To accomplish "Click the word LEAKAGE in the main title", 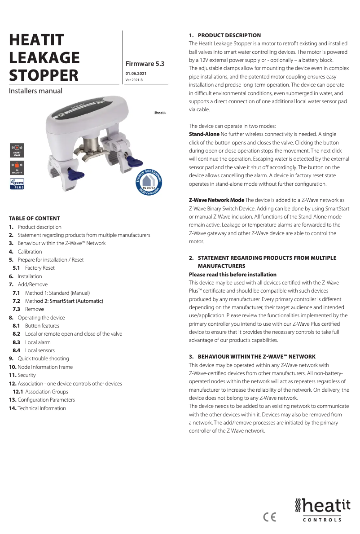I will click(x=44, y=58).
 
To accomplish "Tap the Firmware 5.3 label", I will click(x=145, y=64).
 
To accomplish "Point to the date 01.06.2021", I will click(x=136, y=74).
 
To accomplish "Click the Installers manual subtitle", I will click(x=35, y=91).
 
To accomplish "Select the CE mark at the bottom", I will click(x=270, y=517).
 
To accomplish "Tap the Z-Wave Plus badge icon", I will click(x=17, y=184).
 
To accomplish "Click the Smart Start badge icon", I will click(x=17, y=150).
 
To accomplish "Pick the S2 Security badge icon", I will click(x=17, y=167).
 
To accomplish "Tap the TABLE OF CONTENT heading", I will click(x=34, y=219).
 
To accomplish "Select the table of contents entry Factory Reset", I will click(x=40, y=268).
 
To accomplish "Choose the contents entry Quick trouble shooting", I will click(x=43, y=359).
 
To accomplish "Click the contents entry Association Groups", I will click(x=47, y=392).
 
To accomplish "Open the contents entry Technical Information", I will click(x=41, y=408).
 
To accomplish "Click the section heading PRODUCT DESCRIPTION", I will click(x=229, y=35).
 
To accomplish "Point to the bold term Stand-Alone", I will click(x=204, y=134).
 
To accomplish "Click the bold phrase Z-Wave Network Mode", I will click(x=216, y=200).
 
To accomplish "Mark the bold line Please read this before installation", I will click(x=233, y=275).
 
